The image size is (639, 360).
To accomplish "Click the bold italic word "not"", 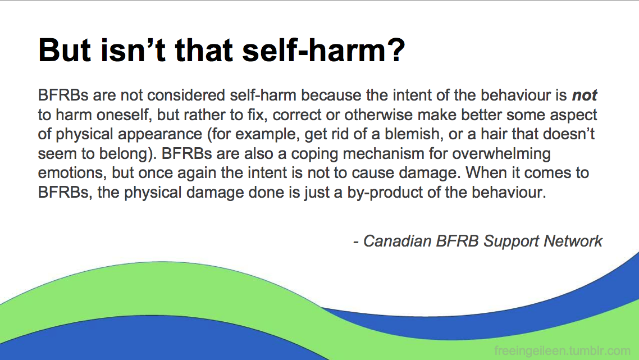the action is pos(585,95).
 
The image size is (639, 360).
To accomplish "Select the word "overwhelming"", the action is pos(501,154).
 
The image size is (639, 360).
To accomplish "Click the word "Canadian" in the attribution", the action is pos(398,241).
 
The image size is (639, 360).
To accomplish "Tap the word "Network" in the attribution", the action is pos(573,241).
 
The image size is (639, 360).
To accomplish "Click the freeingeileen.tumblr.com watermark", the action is pos(563,350).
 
